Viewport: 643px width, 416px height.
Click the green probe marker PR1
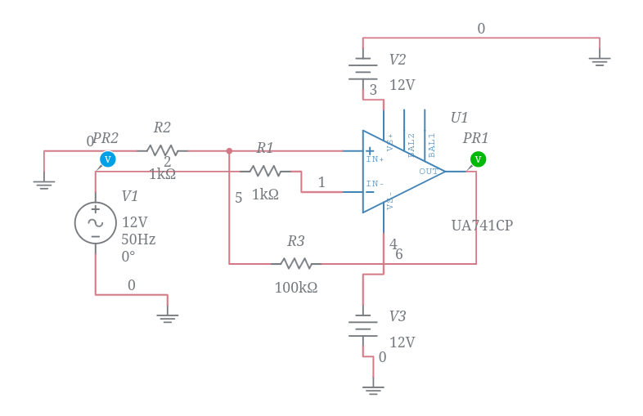pos(478,159)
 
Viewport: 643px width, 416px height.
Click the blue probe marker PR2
pos(107,159)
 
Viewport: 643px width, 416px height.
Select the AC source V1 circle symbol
pos(96,223)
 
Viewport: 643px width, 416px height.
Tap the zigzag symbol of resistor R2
pos(162,150)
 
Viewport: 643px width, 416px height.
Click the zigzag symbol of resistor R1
pos(265,171)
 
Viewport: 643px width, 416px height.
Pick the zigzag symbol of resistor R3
pos(296,263)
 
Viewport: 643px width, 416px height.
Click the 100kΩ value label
pos(295,288)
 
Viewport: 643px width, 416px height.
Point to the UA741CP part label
pos(482,226)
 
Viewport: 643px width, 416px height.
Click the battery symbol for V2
pos(363,72)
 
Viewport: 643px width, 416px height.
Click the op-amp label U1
pos(459,118)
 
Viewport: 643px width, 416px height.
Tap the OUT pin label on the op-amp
pos(429,172)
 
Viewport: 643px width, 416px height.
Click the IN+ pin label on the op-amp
pos(375,159)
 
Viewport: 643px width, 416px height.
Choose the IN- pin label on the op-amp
pos(375,184)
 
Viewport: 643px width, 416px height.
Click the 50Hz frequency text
pos(138,239)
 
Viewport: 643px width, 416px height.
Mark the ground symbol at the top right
pos(600,60)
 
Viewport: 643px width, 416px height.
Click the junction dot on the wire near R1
pos(229,150)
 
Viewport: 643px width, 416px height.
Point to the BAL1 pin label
pos(432,145)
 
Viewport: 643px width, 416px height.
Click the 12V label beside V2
pos(402,85)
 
